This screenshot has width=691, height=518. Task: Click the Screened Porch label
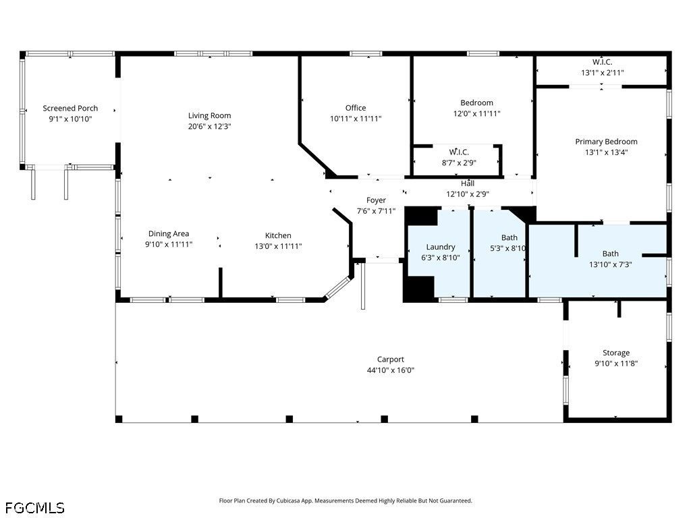70,109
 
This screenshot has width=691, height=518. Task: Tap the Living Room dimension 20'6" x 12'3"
209,126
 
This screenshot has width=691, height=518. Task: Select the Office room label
356,108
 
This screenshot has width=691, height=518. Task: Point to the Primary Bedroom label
606,142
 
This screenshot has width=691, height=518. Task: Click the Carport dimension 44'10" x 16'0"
391,370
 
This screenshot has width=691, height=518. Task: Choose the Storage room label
616,353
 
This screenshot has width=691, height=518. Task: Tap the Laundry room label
441,248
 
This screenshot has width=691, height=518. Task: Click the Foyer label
376,200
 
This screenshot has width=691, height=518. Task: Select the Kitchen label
278,235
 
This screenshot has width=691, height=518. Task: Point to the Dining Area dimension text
169,244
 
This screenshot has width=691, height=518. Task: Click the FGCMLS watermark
35,508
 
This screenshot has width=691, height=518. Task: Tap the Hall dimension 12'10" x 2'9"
468,194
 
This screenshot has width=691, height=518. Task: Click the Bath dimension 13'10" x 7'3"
610,264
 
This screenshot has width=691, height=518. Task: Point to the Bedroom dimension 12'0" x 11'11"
477,113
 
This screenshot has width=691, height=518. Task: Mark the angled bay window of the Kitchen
337,287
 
